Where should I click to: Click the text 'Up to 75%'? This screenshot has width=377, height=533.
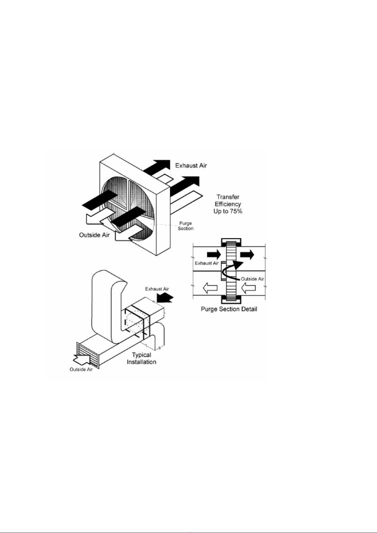[228, 211]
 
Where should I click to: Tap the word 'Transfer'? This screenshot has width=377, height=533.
[228, 197]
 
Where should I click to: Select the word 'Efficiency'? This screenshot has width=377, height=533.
[228, 204]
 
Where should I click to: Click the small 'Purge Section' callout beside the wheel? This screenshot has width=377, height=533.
[185, 226]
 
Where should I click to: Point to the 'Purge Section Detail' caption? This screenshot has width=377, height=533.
[229, 309]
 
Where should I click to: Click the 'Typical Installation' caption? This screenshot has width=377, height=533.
[141, 358]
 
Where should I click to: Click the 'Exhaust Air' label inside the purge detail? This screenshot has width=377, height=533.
[207, 263]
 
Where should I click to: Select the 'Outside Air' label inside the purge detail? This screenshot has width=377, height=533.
[252, 279]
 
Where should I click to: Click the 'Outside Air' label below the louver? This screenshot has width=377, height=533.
[81, 369]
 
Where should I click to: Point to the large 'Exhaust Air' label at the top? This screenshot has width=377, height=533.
[191, 165]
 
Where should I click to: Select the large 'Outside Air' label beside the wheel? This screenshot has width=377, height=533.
[94, 235]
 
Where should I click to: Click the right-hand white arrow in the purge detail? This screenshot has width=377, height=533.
[248, 288]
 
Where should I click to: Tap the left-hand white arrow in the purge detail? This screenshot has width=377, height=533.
[210, 288]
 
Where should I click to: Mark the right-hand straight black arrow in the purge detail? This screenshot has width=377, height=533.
[248, 254]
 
